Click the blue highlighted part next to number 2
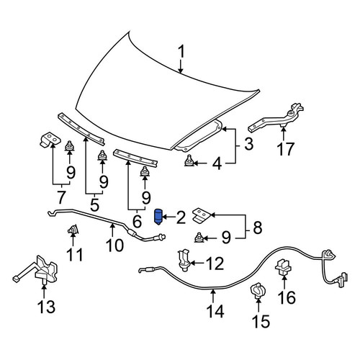tap(158, 216)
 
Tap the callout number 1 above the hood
tap(181, 52)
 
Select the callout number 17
tap(285, 149)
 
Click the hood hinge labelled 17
tap(276, 117)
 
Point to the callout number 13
tap(46, 307)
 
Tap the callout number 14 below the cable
tap(215, 311)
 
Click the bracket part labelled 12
tap(184, 261)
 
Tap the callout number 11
tap(75, 255)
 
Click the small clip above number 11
tap(72, 230)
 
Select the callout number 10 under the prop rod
tap(114, 245)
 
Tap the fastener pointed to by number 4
tap(189, 161)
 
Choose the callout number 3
tap(249, 144)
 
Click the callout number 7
tap(61, 197)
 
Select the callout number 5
tap(94, 205)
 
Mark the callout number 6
tap(137, 221)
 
